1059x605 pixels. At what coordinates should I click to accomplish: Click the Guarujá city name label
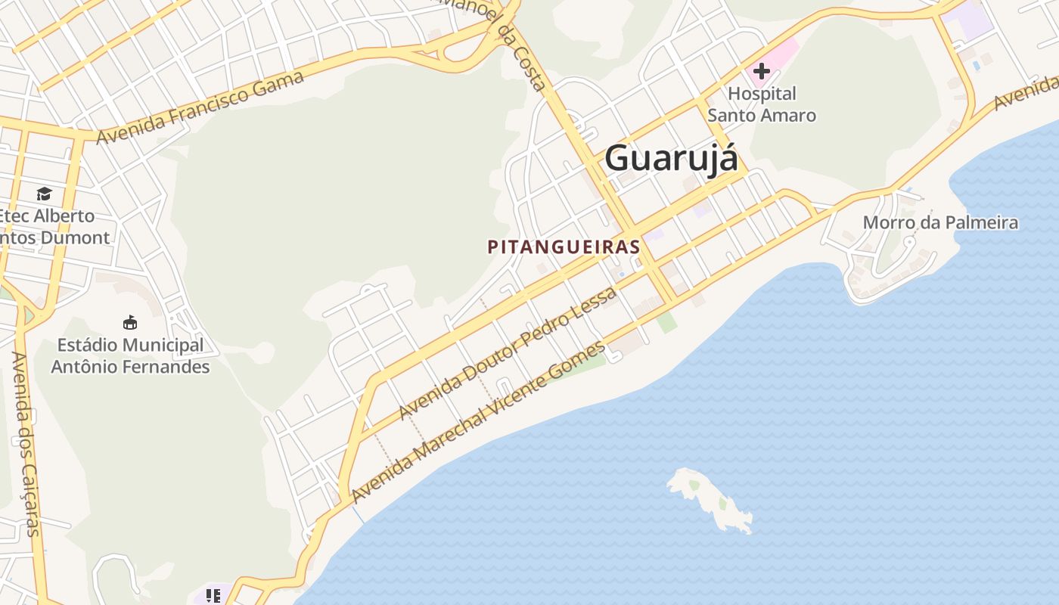pyautogui.click(x=671, y=158)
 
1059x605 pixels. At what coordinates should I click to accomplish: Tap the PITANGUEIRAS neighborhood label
pyautogui.click(x=564, y=247)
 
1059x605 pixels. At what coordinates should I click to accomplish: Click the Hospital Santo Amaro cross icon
pyautogui.click(x=761, y=72)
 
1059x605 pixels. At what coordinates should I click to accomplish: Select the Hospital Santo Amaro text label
pyautogui.click(x=762, y=104)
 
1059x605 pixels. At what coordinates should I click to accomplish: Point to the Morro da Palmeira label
pyautogui.click(x=940, y=223)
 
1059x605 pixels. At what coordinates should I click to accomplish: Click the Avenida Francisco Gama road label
pyautogui.click(x=200, y=107)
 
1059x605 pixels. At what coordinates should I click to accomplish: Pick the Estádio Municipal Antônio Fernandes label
pyautogui.click(x=130, y=356)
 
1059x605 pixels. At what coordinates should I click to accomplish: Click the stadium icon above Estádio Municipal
pyautogui.click(x=130, y=323)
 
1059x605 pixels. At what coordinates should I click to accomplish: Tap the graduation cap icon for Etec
pyautogui.click(x=44, y=194)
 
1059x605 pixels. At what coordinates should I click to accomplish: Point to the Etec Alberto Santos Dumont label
pyautogui.click(x=53, y=227)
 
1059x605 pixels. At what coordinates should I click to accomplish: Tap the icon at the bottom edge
pyautogui.click(x=213, y=596)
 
